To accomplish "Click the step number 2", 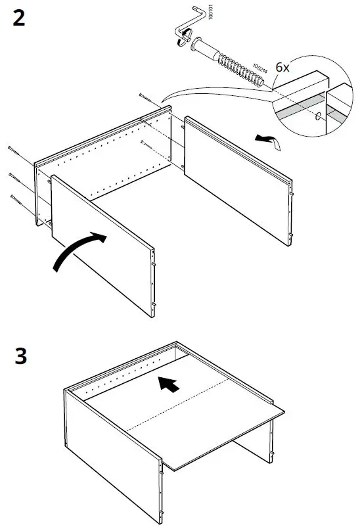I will (x=19, y=18).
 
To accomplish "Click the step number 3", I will (x=19, y=358).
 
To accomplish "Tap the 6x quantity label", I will (x=282, y=68).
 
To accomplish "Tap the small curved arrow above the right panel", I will (x=265, y=138).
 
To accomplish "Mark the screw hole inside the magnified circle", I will (x=319, y=118).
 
